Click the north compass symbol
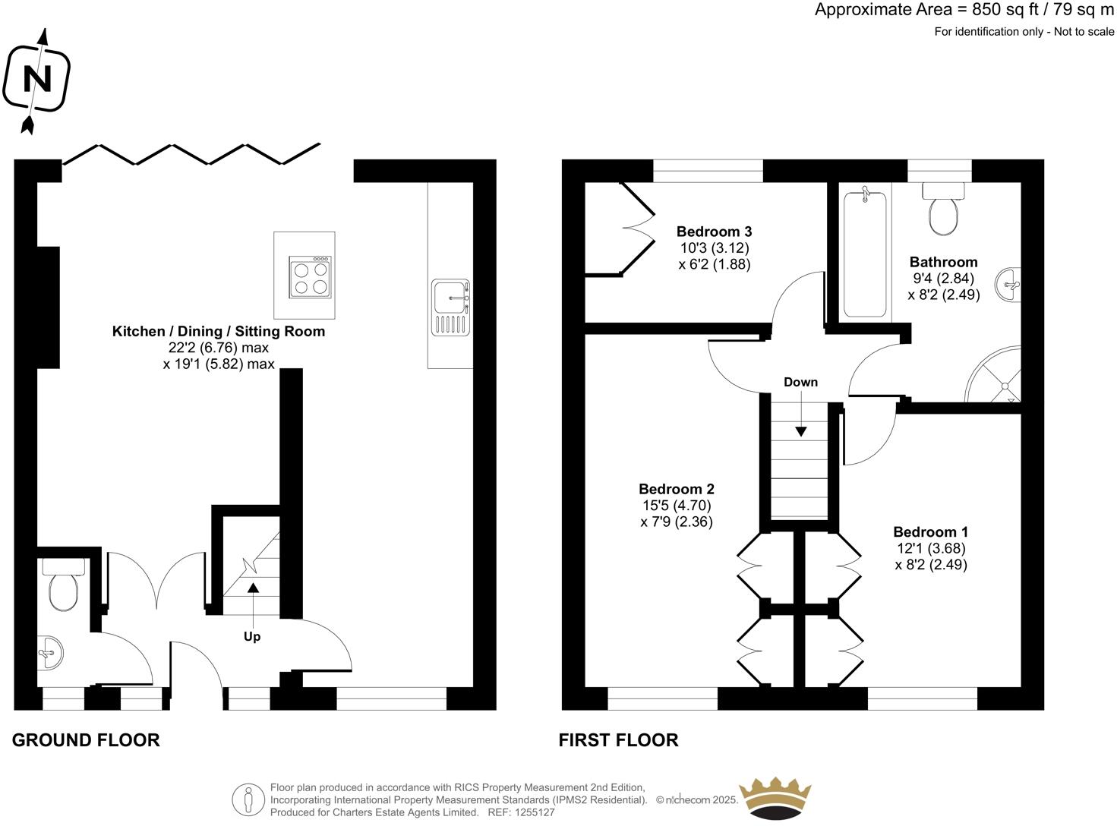coord(36,80)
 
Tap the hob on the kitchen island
coord(311,276)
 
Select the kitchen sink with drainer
coord(451,307)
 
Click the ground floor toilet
coord(64,584)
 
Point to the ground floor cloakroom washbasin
coord(50,653)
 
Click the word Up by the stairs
coord(252,637)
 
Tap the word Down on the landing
coord(800,382)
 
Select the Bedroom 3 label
coord(714,232)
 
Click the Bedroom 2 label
coord(677,489)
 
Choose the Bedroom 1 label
coord(931,532)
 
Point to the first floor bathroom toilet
coord(943,208)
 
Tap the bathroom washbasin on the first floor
coord(1008,285)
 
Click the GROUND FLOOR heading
coord(86,740)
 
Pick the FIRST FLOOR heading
coord(618,740)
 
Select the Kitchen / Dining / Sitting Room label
coord(219,332)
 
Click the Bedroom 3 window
coord(708,171)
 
